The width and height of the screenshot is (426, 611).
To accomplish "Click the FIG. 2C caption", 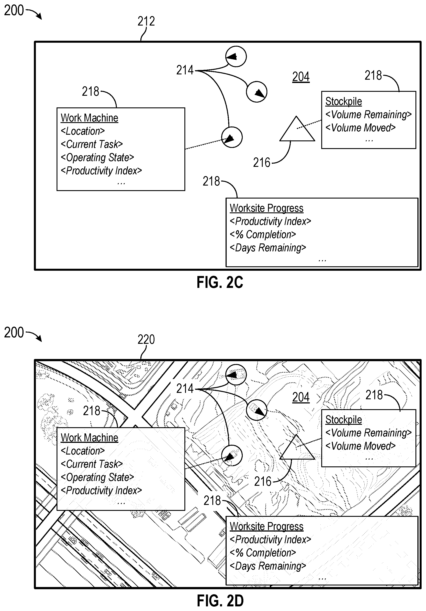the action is point(220,282).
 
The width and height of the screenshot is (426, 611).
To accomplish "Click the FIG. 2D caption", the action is point(220,601).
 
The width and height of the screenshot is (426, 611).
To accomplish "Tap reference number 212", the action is point(146,21).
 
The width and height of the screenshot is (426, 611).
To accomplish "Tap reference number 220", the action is point(146,339).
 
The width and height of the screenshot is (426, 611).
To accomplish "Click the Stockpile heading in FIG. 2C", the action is point(343,101).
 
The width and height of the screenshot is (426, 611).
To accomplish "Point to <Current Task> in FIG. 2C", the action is point(92,144).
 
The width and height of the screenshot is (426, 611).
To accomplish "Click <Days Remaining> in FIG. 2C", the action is point(268,248).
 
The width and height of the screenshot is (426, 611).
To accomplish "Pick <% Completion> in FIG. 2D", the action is point(263,553).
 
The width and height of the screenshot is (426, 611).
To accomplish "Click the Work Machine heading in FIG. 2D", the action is point(89,438).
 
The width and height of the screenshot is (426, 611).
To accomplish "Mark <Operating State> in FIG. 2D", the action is point(97,477).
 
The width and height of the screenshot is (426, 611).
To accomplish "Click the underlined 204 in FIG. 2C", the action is point(301,77).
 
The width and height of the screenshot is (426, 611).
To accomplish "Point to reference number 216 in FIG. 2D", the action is point(263,481).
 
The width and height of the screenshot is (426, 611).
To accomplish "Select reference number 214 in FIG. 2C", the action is point(185,70).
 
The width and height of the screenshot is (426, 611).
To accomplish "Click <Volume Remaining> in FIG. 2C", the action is point(369,115).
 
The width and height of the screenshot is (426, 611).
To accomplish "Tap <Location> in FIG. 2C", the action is point(83,131).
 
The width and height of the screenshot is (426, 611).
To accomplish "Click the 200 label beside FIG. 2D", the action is point(14,333).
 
